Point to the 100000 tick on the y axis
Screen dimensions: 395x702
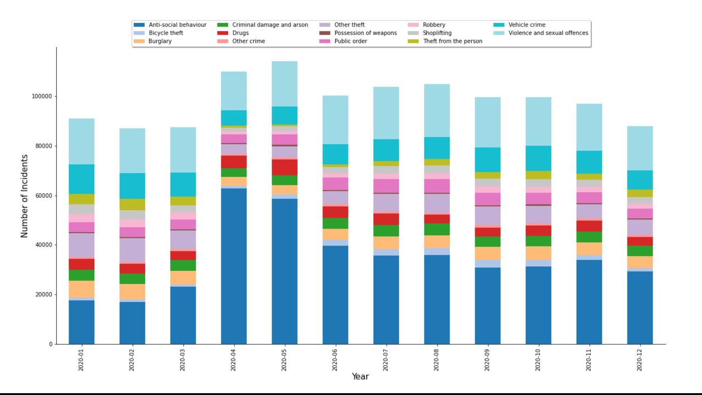click(42, 97)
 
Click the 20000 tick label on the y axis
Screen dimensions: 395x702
click(44, 294)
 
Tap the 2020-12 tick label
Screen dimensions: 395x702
click(639, 360)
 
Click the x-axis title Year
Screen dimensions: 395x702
click(360, 376)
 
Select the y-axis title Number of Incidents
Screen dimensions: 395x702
click(24, 196)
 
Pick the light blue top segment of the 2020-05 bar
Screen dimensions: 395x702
click(284, 84)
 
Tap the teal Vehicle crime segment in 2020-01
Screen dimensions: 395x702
click(82, 179)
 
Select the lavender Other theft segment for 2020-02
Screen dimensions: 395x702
click(132, 250)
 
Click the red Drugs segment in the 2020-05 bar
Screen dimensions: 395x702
click(284, 167)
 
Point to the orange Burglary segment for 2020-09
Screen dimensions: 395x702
click(488, 253)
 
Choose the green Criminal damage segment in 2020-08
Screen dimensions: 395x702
click(437, 229)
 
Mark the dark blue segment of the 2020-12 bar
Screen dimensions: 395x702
click(640, 308)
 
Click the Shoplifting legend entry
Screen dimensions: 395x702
click(437, 33)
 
